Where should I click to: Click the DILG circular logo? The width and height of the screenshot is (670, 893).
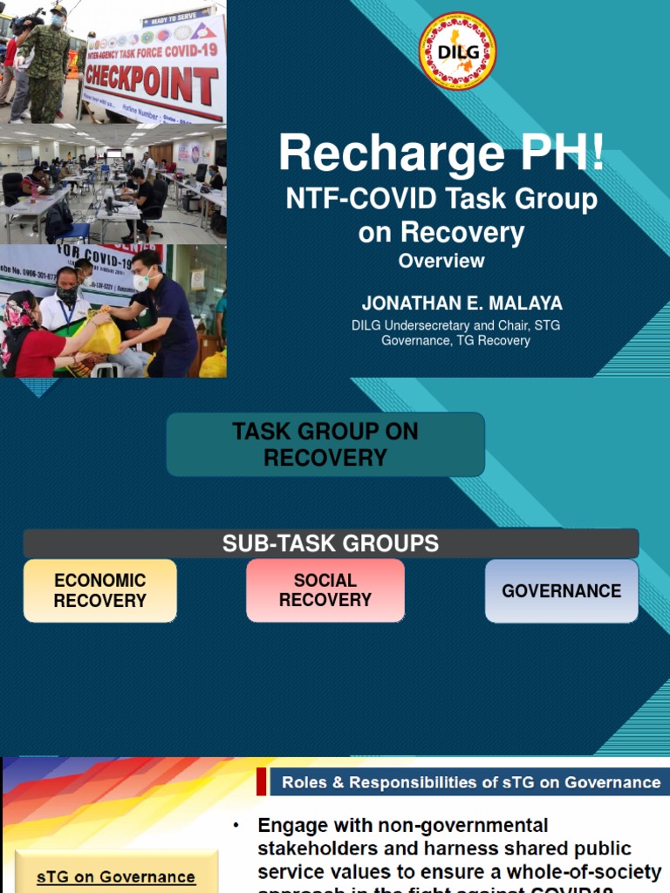(457, 51)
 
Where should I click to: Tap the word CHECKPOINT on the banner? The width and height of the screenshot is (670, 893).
(151, 85)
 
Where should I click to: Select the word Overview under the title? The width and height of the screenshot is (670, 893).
(441, 261)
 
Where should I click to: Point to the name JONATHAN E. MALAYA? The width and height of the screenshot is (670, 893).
(462, 303)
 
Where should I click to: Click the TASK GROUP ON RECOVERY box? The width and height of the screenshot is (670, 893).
(325, 444)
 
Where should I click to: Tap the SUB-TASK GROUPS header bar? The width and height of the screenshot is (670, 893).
(331, 544)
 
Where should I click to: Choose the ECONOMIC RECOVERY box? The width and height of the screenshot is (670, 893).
(100, 590)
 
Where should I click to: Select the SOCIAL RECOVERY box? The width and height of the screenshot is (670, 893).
(325, 590)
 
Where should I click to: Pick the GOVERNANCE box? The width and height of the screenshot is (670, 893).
(562, 590)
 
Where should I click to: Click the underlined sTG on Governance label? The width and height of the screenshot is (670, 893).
(116, 877)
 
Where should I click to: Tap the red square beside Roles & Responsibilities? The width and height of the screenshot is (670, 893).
(262, 782)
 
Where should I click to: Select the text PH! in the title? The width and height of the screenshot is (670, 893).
(559, 154)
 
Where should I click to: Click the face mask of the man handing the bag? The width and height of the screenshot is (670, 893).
(141, 282)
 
